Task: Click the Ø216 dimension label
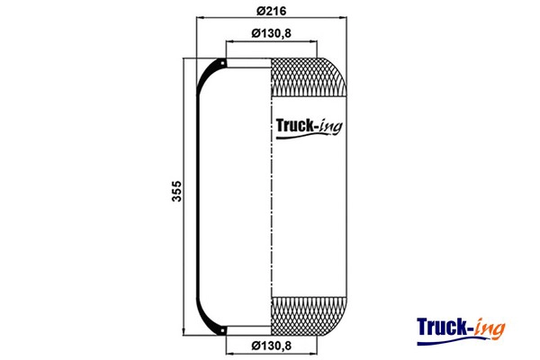272,11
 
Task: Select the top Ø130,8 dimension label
272,33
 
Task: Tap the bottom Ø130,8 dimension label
272,346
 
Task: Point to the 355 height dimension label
176,191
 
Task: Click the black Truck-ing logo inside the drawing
310,128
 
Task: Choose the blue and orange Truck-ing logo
461,330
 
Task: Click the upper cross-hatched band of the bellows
308,77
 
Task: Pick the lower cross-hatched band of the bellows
308,316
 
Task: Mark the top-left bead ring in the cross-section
222,63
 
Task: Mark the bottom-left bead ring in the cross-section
222,330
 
